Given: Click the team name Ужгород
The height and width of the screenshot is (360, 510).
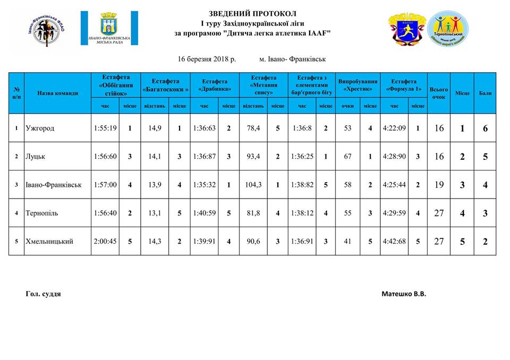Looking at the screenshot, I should [40, 128].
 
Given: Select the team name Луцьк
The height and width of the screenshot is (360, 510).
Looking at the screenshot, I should [36, 157].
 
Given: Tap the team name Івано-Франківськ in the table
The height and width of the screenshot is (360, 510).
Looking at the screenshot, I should [53, 185].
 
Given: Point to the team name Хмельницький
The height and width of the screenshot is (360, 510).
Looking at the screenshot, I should [49, 241].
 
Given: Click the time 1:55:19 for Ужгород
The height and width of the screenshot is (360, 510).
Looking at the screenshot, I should [105, 128].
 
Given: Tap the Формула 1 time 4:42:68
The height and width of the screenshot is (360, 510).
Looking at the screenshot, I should [394, 241].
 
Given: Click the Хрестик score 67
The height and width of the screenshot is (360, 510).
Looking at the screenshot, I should [348, 157].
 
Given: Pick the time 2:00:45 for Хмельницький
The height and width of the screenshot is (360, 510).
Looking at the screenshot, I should [105, 241].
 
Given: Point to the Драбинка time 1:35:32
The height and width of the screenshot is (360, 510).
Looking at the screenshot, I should [204, 185].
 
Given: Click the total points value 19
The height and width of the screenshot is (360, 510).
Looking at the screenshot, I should [438, 185].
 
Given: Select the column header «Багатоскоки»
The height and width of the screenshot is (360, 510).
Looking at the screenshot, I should [166, 85].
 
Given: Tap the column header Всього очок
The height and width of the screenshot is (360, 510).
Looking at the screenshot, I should [438, 93].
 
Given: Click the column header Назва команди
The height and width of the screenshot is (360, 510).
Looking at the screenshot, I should [58, 93].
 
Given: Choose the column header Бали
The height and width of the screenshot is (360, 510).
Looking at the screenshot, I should [485, 93].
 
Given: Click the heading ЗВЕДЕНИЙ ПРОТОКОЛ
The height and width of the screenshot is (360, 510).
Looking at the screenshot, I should [252, 13].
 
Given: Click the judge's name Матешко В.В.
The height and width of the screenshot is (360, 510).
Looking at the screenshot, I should [404, 294].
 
